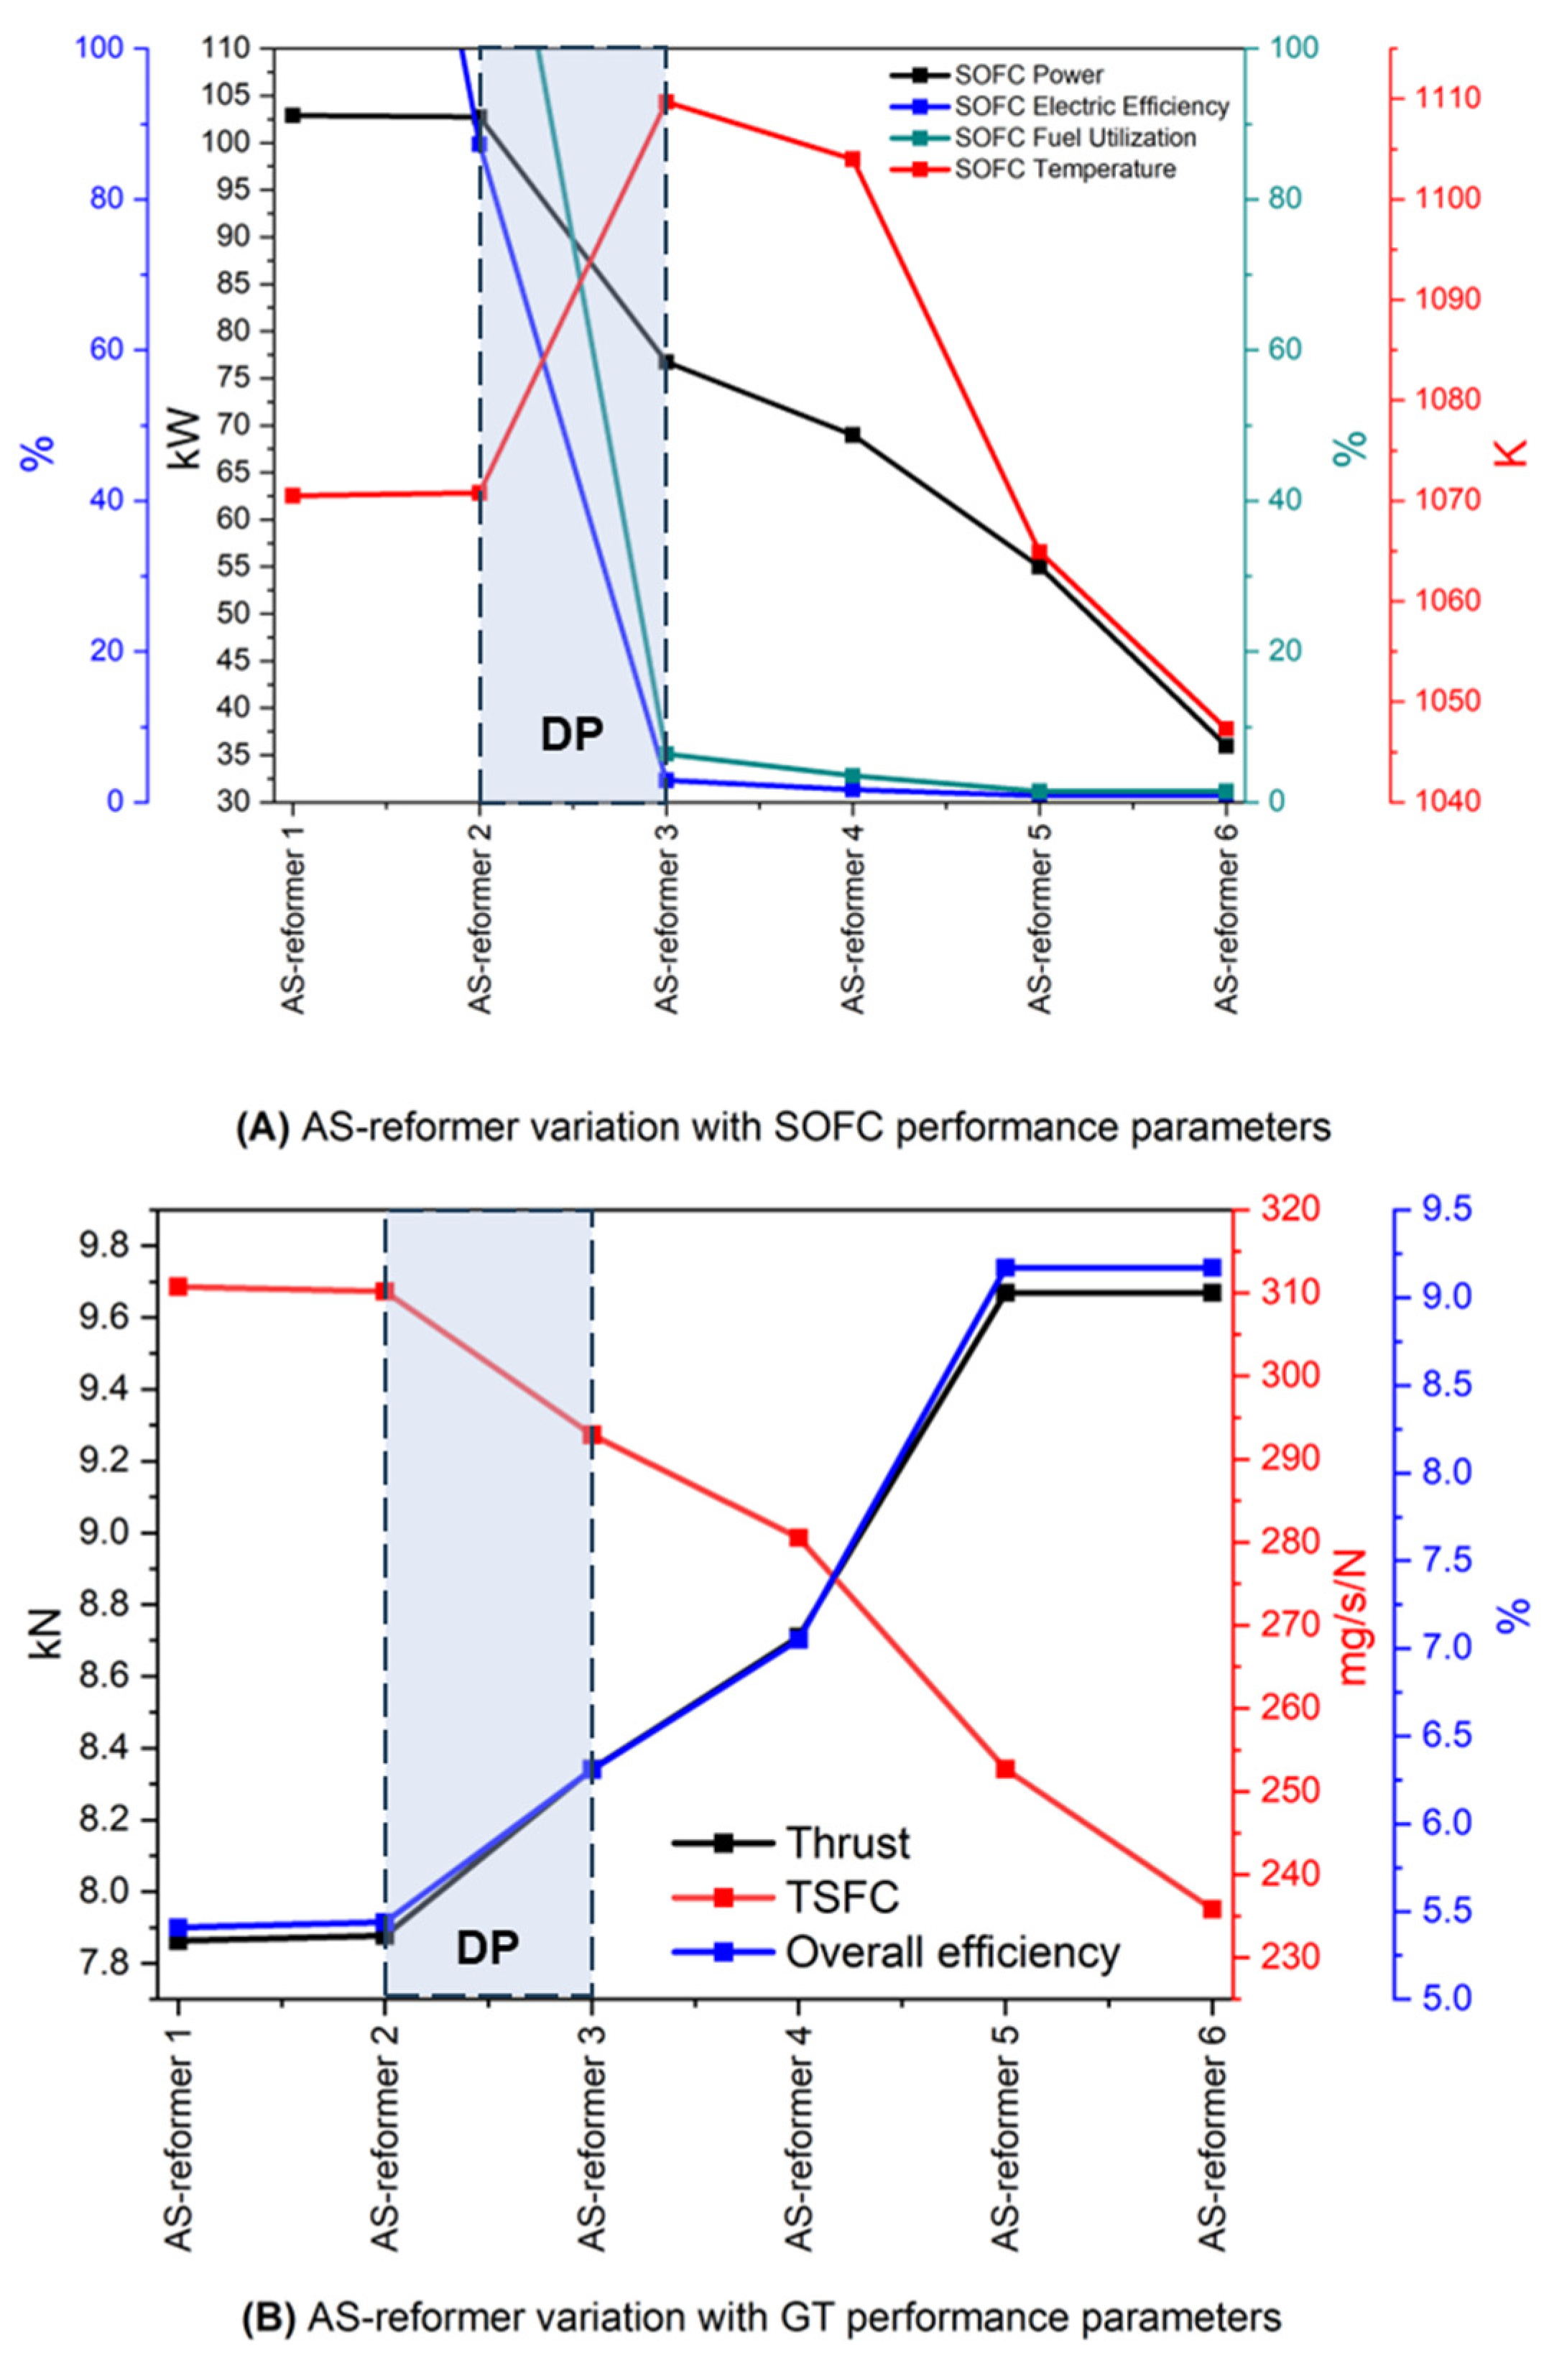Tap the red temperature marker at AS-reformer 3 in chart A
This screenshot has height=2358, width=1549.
(x=666, y=102)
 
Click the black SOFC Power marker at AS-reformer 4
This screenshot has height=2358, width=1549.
(x=852, y=435)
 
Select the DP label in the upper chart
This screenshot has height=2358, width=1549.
(x=572, y=735)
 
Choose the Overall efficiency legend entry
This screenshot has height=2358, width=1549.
(x=951, y=1953)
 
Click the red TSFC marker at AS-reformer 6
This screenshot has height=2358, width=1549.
(x=1211, y=1909)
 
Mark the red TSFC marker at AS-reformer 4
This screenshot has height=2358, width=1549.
(x=797, y=1538)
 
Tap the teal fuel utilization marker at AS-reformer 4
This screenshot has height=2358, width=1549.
(x=852, y=777)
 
